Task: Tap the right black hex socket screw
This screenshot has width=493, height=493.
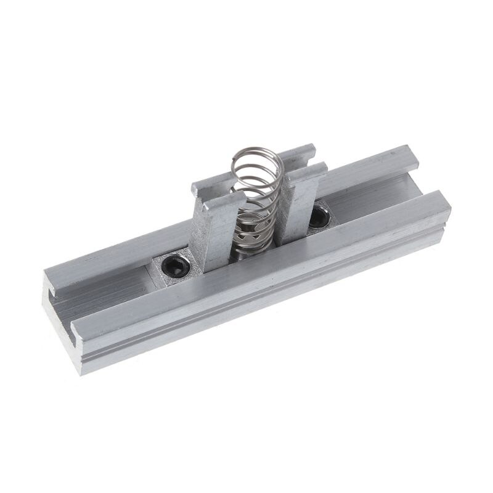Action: pos(319,216)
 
